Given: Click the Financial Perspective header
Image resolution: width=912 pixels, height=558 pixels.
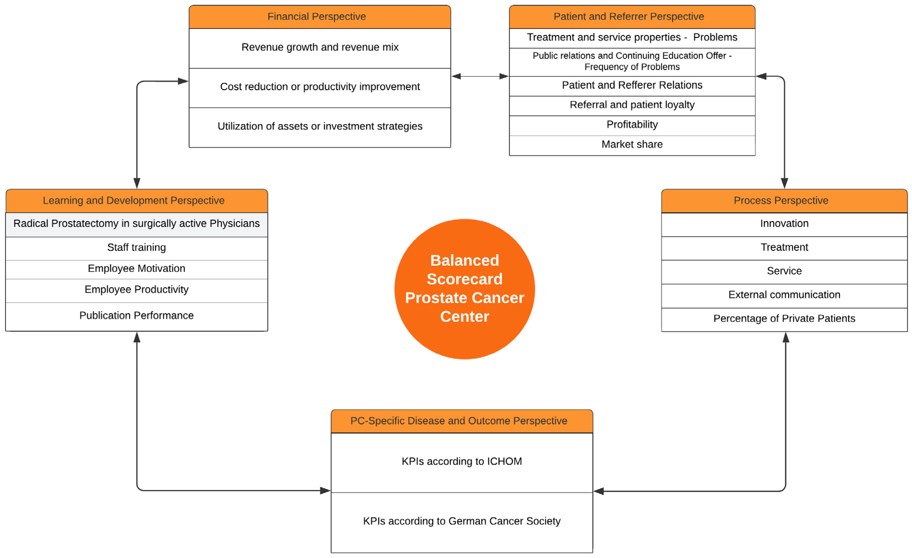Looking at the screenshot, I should (x=320, y=17).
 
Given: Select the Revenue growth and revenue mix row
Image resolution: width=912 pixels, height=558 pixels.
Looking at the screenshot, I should (x=320, y=47).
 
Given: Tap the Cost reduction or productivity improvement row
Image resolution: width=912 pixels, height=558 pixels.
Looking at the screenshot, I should (x=320, y=87).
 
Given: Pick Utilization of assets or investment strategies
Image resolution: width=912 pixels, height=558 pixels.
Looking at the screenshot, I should (x=320, y=126).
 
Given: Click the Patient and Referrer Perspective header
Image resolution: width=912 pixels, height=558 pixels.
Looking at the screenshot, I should (x=632, y=17).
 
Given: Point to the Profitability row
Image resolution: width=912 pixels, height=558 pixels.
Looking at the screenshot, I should (x=632, y=125).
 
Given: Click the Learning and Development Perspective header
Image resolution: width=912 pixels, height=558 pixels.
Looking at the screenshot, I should (x=137, y=201).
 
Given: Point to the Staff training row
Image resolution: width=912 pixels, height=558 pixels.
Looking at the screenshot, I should (x=137, y=247).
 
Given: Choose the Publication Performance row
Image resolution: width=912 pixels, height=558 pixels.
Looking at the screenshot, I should (x=137, y=316).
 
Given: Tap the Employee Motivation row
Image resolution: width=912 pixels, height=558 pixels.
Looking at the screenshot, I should (x=137, y=269).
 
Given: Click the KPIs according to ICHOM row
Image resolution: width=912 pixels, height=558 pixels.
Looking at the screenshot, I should (x=462, y=462).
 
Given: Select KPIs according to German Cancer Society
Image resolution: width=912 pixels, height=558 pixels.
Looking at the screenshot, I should (x=462, y=521).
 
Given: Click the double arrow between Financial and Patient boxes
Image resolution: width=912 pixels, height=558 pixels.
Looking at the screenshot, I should (x=480, y=77).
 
